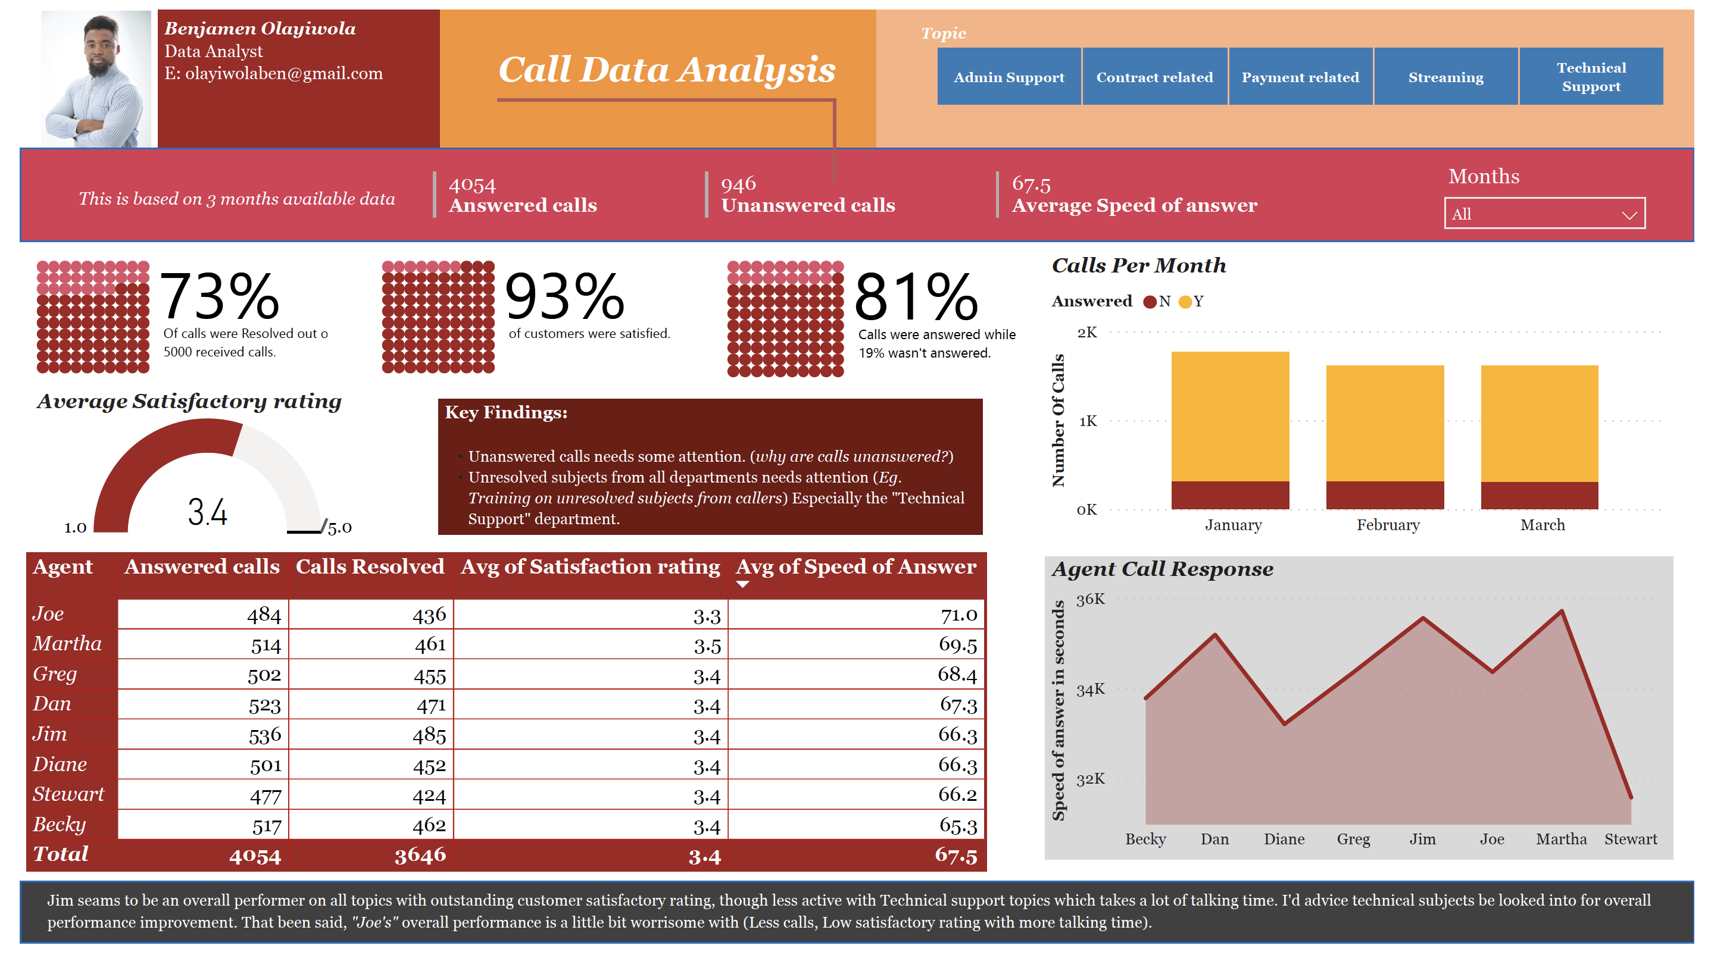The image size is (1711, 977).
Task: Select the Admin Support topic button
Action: click(1009, 77)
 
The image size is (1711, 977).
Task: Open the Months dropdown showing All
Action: click(1543, 214)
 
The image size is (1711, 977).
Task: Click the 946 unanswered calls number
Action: click(738, 183)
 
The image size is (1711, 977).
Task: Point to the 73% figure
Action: click(220, 296)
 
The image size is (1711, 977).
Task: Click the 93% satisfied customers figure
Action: click(564, 296)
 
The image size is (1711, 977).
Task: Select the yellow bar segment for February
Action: click(1384, 422)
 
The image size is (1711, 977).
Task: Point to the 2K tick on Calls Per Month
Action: click(1086, 332)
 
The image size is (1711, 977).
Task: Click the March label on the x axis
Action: click(1542, 525)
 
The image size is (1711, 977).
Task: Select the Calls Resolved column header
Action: click(370, 566)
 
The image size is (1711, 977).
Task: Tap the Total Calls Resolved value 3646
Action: click(420, 855)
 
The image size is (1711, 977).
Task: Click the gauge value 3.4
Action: click(207, 512)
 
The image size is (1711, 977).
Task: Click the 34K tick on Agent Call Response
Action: click(1089, 689)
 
